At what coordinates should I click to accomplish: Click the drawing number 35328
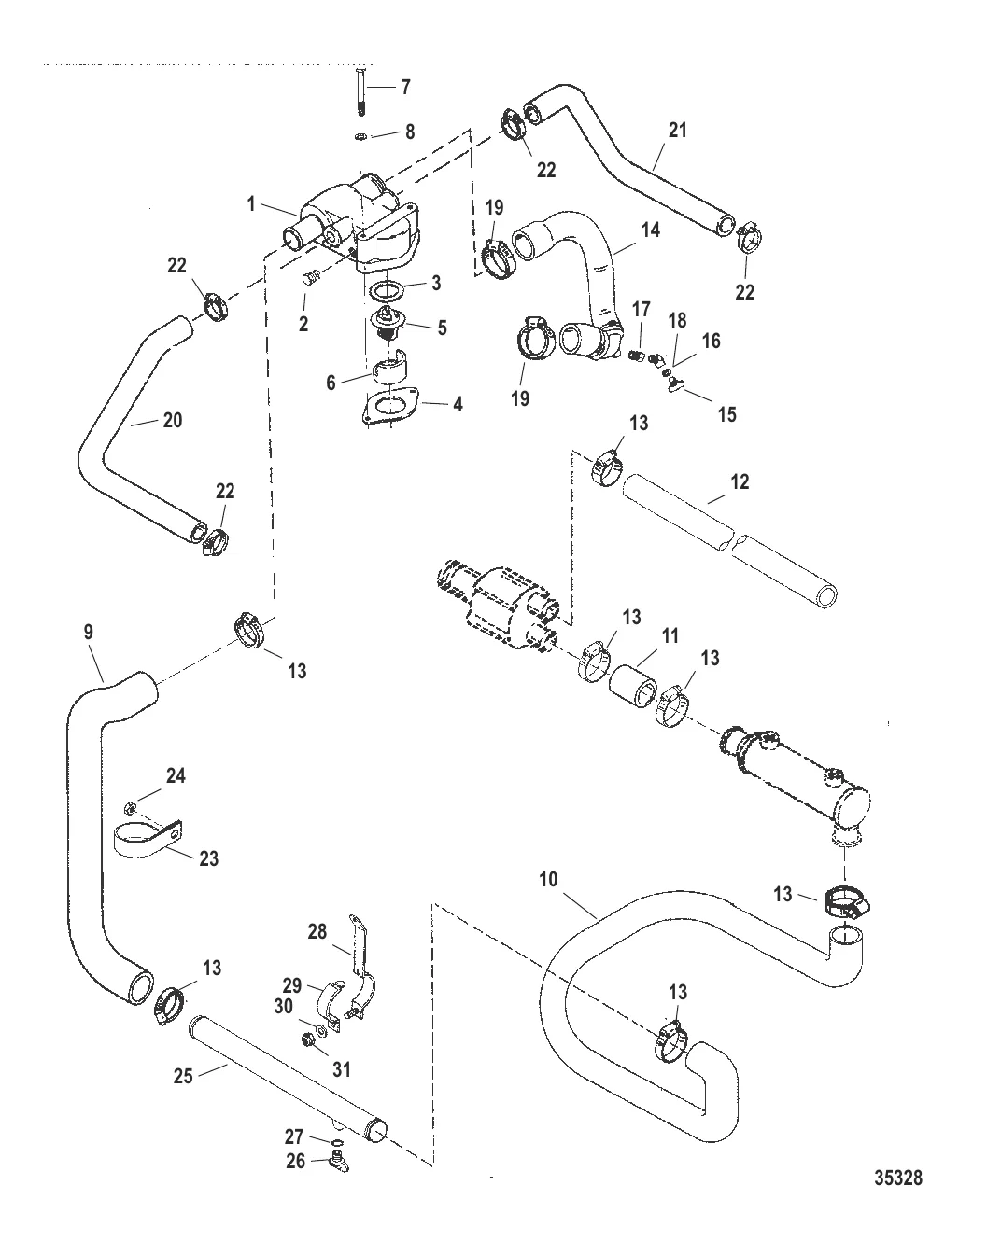[x=897, y=1178]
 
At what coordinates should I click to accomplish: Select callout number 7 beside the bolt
[x=404, y=88]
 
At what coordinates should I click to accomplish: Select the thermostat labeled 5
[x=385, y=325]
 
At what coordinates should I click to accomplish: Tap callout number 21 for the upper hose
[x=678, y=130]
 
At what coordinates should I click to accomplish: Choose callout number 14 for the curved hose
[x=650, y=229]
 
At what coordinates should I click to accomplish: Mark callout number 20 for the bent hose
[x=172, y=420]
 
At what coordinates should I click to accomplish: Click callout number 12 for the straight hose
[x=740, y=482]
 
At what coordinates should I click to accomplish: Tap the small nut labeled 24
[x=130, y=804]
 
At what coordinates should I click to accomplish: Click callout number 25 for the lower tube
[x=183, y=1075]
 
